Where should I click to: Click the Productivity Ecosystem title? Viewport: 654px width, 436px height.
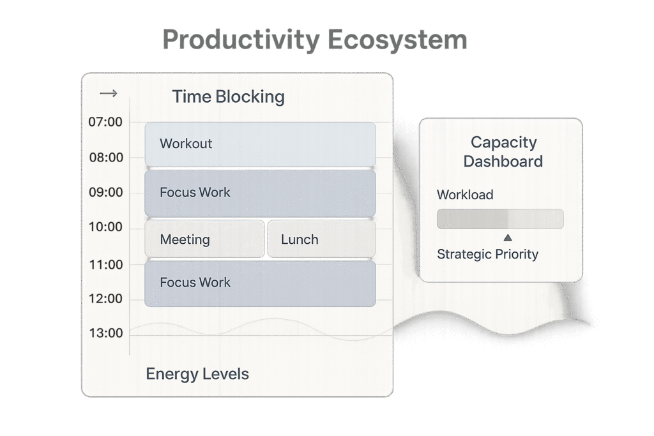click(315, 40)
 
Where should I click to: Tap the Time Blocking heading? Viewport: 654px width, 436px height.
click(228, 96)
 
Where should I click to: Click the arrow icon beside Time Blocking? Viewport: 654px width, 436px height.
click(109, 93)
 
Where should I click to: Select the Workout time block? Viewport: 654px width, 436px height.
click(261, 144)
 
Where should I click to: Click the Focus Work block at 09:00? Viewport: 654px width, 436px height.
click(261, 193)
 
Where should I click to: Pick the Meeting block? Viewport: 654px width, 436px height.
click(204, 239)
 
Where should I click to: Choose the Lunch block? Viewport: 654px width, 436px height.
click(322, 239)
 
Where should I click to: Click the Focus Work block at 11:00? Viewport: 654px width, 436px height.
click(261, 283)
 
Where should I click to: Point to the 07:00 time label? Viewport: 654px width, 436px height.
click(105, 122)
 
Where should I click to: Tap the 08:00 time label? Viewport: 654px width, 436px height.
click(106, 158)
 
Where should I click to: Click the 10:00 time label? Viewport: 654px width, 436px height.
click(105, 227)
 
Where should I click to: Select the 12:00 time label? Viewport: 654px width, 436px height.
click(105, 299)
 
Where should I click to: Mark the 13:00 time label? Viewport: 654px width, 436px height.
click(106, 333)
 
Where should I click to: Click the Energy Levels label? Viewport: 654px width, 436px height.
click(197, 374)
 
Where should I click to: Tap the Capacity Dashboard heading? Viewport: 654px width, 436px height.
click(503, 152)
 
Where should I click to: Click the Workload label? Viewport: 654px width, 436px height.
click(465, 195)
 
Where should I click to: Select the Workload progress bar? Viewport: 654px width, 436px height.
click(500, 219)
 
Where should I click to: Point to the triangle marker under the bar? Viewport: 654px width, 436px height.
click(508, 237)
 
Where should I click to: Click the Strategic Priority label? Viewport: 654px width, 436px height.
click(487, 254)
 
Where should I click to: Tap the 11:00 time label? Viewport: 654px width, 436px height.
click(106, 265)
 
